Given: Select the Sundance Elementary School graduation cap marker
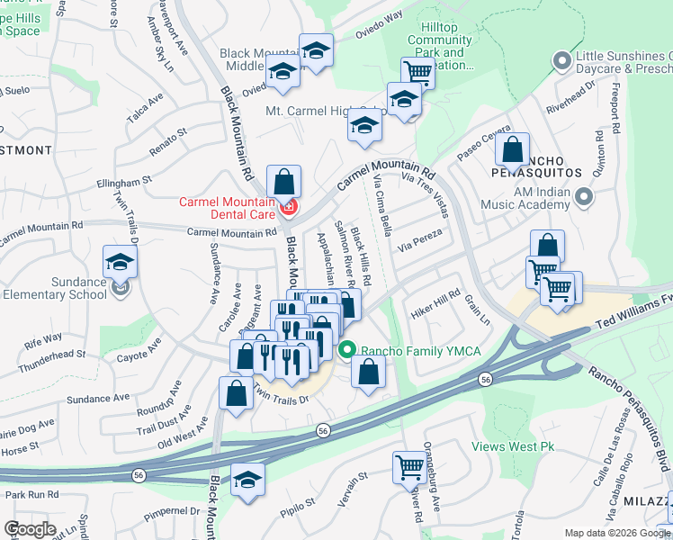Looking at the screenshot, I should (120, 262).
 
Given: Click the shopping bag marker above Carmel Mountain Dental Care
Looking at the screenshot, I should (283, 183).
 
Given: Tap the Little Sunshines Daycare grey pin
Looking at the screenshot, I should (562, 60).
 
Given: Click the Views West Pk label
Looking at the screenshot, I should (514, 446).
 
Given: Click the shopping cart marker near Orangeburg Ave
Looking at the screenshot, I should (409, 468).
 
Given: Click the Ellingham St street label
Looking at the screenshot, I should (124, 183).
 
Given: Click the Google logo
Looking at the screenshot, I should (30, 529).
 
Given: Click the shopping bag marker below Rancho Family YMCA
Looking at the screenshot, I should (368, 372).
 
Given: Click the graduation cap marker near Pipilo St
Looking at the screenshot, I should (247, 481).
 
